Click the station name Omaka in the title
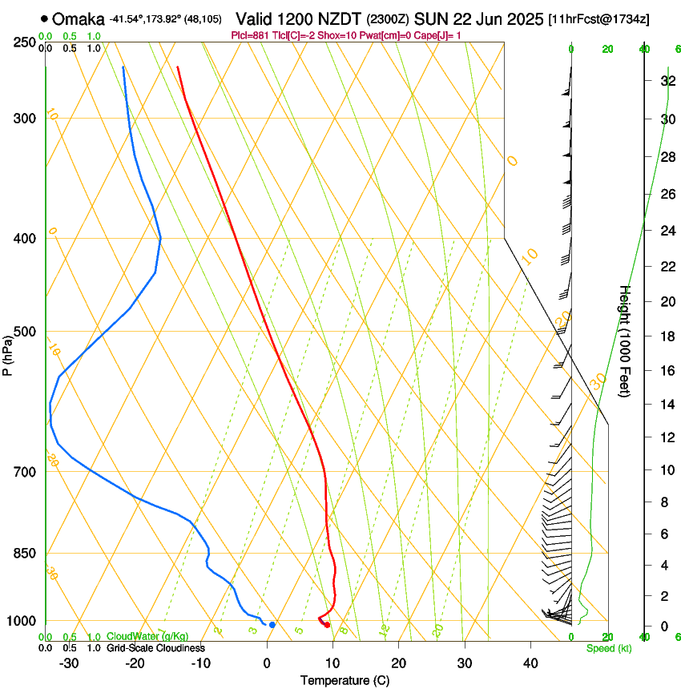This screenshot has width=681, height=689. pyautogui.click(x=79, y=19)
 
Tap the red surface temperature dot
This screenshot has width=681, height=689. pyautogui.click(x=327, y=625)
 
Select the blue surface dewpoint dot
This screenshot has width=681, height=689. pyautogui.click(x=272, y=625)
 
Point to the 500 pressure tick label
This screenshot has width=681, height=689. pyautogui.click(x=24, y=332)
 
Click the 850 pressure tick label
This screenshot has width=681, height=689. pyautogui.click(x=24, y=553)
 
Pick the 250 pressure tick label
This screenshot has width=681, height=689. pyautogui.click(x=24, y=42)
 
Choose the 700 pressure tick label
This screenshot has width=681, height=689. pyautogui.click(x=24, y=471)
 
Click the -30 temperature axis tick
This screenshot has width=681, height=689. pyautogui.click(x=68, y=663)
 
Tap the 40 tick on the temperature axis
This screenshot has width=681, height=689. pyautogui.click(x=530, y=663)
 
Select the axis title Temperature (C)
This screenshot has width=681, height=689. pyautogui.click(x=345, y=680)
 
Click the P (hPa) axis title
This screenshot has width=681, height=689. pyautogui.click(x=7, y=353)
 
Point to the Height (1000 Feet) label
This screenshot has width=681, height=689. pyautogui.click(x=625, y=340)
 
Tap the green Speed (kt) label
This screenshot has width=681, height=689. pyautogui.click(x=609, y=648)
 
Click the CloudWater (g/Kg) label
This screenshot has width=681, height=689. pyautogui.click(x=147, y=636)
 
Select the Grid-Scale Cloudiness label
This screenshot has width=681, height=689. pyautogui.click(x=155, y=647)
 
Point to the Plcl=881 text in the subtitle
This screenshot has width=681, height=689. pyautogui.click(x=250, y=35)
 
